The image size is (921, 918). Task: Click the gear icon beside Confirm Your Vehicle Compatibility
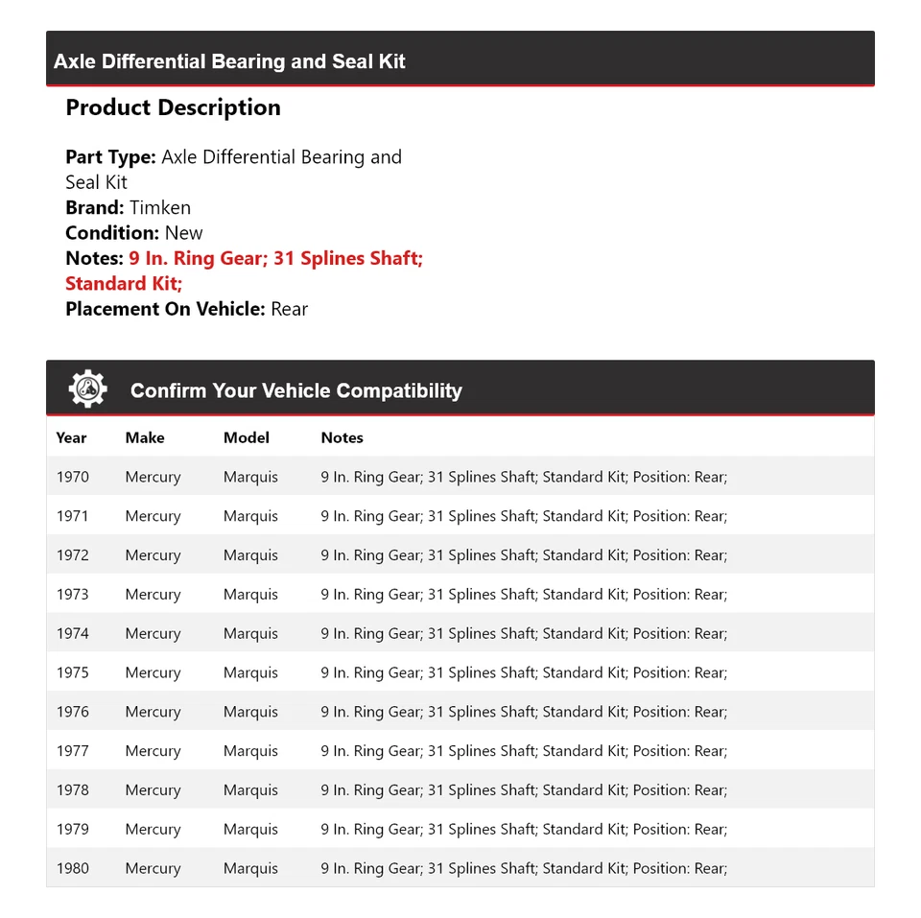pos(87,388)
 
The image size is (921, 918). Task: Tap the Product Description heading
pos(173,107)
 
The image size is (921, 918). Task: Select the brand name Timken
pos(160,207)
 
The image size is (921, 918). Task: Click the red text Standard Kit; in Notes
pos(124,283)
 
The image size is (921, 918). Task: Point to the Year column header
pos(71,437)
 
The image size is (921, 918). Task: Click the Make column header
pos(145,437)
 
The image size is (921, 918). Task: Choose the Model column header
pos(247,437)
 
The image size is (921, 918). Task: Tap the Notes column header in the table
pos(342,437)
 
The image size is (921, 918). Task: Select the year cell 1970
pos(72,477)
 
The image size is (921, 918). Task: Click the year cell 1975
pos(72,672)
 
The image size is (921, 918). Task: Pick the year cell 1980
pos(72,868)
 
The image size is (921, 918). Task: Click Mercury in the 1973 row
pos(153,594)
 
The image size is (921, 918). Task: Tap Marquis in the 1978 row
pos(250,789)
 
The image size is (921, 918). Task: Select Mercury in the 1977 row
pos(153,751)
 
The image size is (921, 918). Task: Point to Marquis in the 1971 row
pos(250,516)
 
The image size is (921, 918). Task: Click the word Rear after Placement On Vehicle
pos(289,309)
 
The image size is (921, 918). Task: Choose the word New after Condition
pos(183,232)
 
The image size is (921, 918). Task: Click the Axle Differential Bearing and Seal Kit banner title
pos(229,61)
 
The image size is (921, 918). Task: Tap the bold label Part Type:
pos(110,156)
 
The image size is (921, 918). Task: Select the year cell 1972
pos(72,554)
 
